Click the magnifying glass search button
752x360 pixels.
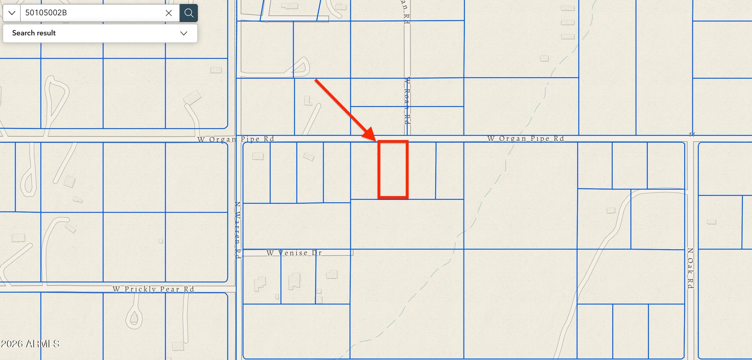(189, 13)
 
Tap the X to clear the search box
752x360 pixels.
(168, 13)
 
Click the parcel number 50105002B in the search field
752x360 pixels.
(46, 13)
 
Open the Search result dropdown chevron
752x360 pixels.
(184, 33)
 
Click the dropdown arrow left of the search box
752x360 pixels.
(12, 13)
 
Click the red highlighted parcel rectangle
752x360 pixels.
(393, 169)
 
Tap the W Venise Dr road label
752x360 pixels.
(294, 253)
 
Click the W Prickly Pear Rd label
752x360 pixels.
(153, 289)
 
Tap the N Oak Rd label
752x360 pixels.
(690, 268)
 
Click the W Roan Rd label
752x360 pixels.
(407, 101)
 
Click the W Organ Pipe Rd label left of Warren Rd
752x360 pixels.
(236, 139)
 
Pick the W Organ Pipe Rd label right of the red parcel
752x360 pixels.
(525, 138)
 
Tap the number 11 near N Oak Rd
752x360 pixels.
(692, 134)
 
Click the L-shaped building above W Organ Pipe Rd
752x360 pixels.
(307, 101)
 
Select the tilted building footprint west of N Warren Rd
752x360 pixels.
(192, 97)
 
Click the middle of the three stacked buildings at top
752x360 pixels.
(567, 22)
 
